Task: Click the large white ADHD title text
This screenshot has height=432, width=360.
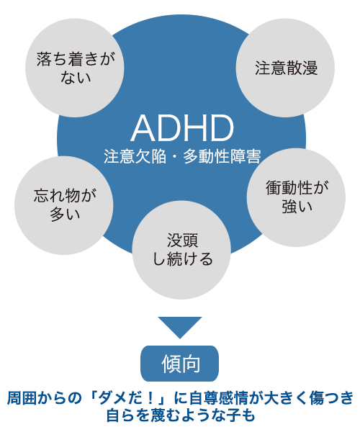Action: [182, 128]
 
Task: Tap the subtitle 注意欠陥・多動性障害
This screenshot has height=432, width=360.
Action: [182, 157]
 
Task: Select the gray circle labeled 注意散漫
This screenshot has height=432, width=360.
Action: [285, 68]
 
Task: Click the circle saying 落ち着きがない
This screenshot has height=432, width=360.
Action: [75, 68]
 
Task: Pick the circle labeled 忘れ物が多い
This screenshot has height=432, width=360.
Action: [64, 205]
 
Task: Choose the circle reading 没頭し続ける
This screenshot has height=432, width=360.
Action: [181, 250]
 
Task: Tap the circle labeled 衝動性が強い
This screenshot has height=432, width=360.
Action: [296, 197]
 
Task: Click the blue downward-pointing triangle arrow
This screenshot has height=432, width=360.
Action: [180, 328]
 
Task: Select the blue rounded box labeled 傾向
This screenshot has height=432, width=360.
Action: [180, 364]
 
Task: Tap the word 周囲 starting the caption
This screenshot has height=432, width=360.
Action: [22, 398]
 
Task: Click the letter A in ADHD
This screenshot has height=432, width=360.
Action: [144, 128]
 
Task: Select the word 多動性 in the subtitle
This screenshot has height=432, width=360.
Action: [206, 157]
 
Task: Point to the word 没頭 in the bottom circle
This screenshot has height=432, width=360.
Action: [182, 240]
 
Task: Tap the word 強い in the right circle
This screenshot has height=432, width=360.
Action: [297, 207]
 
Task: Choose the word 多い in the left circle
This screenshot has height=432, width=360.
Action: [65, 215]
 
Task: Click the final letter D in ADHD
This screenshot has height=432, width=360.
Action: [222, 128]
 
